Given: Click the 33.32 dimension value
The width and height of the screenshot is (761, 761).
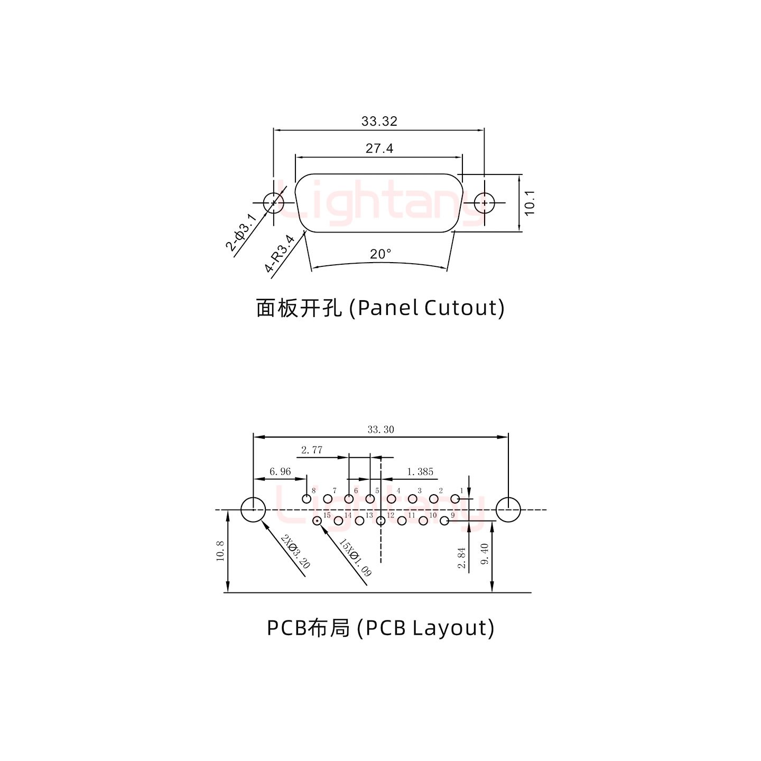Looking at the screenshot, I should (x=379, y=121).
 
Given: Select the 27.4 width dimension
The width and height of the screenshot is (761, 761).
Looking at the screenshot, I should (x=379, y=149).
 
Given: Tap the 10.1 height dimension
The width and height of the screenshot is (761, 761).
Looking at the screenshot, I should (x=530, y=202).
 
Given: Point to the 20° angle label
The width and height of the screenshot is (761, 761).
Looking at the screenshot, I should (x=380, y=254).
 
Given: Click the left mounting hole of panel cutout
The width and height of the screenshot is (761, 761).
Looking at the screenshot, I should (x=273, y=202).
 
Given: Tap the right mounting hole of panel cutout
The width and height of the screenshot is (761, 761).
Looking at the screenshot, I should (x=484, y=202).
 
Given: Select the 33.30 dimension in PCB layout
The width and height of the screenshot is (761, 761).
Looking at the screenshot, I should (x=380, y=430).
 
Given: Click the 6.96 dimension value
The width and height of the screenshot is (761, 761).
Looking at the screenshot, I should (x=280, y=471).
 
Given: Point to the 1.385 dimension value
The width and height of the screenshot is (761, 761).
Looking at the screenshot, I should (x=420, y=471).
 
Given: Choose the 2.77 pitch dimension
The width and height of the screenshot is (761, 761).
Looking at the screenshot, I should (x=312, y=450).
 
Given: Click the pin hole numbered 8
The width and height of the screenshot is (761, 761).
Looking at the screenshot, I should (x=306, y=499).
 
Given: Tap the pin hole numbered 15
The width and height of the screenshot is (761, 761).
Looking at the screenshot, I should (x=317, y=522).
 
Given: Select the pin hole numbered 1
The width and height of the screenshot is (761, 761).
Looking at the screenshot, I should (x=455, y=499).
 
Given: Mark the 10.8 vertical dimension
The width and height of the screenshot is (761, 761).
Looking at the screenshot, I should (x=221, y=551).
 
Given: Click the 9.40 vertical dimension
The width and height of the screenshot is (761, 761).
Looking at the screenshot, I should (x=485, y=554).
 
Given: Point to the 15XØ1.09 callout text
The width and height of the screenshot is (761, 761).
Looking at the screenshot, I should (x=355, y=558).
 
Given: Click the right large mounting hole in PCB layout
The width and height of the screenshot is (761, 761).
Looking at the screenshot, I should (x=508, y=510).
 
